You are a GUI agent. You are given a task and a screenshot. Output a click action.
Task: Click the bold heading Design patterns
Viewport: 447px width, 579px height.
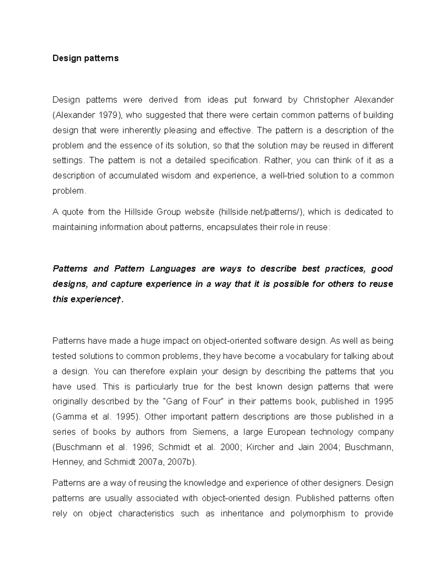[x=85, y=58]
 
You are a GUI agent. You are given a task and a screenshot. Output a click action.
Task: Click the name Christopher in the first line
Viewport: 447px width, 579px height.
[x=326, y=100]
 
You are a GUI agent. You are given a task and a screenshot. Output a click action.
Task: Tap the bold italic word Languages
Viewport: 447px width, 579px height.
[x=172, y=269]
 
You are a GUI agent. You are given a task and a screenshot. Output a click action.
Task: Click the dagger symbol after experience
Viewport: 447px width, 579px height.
[x=119, y=299]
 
